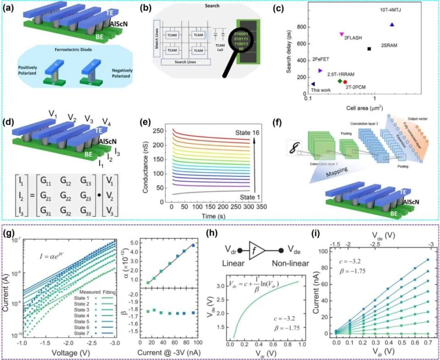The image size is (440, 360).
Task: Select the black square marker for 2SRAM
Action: (x=369, y=49)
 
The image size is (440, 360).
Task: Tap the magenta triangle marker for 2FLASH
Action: (x=341, y=34)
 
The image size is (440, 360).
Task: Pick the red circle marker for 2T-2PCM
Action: (x=345, y=82)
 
